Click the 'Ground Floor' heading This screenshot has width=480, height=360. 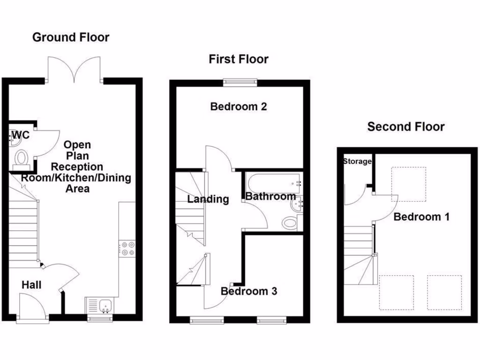[x=71, y=37]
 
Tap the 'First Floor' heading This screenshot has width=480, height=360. [x=239, y=60]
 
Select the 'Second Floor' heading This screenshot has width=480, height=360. [x=406, y=127]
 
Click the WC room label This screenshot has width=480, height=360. [x=21, y=135]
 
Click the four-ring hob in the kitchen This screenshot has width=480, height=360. [x=127, y=248]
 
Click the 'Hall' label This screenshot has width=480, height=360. [x=31, y=285]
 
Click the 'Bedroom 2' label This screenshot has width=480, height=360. [x=239, y=106]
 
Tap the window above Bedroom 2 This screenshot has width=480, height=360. [x=240, y=82]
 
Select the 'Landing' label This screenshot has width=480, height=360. [x=208, y=199]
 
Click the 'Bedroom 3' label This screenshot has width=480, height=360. [x=249, y=291]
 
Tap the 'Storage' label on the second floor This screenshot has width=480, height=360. [x=357, y=162]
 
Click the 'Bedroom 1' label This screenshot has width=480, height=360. [x=421, y=217]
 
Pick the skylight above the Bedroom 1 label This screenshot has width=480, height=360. [x=409, y=184]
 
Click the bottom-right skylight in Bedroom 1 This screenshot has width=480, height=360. [x=444, y=292]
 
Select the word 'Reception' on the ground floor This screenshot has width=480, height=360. [x=77, y=166]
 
